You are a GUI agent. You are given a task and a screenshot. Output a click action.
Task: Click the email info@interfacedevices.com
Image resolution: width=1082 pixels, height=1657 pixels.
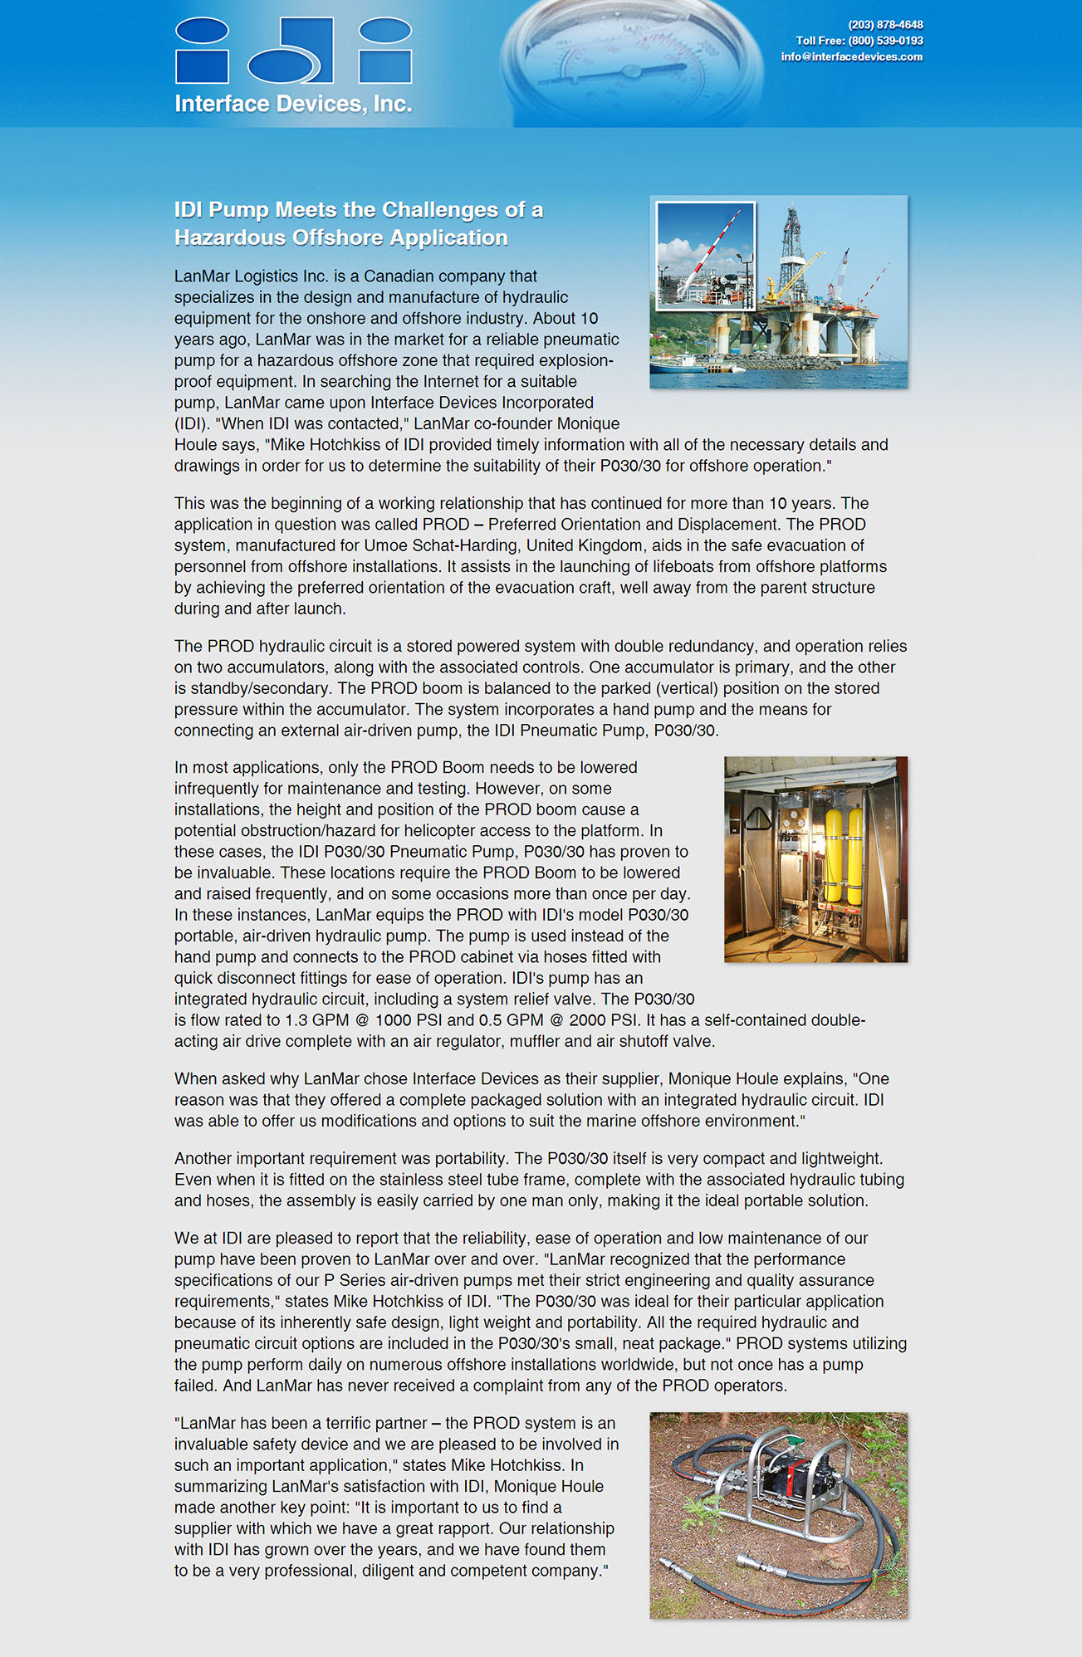click(851, 57)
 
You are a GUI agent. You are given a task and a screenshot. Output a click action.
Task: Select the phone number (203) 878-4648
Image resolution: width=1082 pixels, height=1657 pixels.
click(885, 25)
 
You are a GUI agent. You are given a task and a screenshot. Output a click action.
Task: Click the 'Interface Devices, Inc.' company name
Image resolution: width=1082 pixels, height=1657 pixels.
click(293, 104)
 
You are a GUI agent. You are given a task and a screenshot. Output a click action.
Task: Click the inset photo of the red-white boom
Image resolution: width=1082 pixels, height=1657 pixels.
click(705, 256)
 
